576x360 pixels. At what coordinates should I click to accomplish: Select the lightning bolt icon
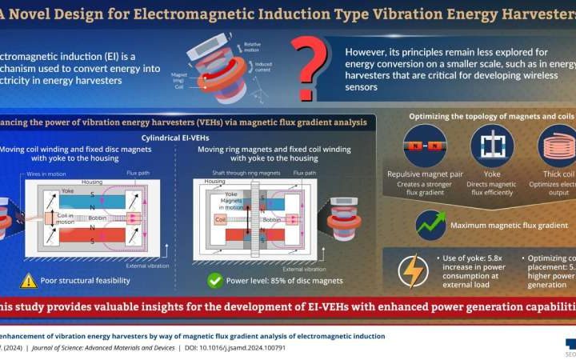414,270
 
